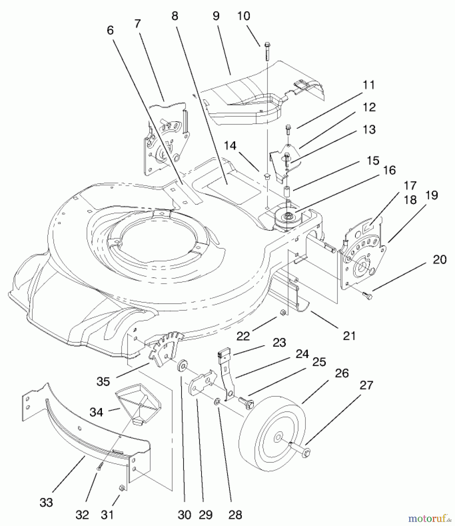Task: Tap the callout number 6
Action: pos(110,30)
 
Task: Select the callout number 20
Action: pos(440,259)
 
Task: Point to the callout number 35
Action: pos(103,381)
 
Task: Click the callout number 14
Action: pos(230,146)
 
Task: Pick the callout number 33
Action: pos(46,502)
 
